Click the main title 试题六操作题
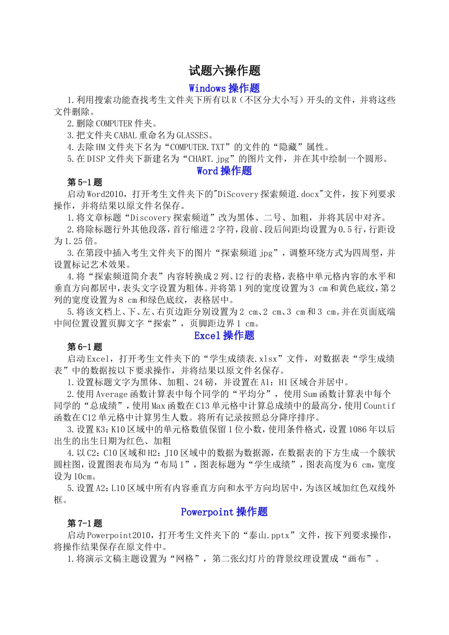224,71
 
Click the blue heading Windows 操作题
224,88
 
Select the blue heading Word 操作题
224,171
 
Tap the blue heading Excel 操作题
224,335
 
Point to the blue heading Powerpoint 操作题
224,512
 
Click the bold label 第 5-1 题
85,182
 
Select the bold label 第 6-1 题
85,347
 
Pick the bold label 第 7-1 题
85,523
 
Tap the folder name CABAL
125,135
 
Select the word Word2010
107,194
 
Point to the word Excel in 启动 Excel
98,359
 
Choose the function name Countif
379,406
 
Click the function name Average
112,394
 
